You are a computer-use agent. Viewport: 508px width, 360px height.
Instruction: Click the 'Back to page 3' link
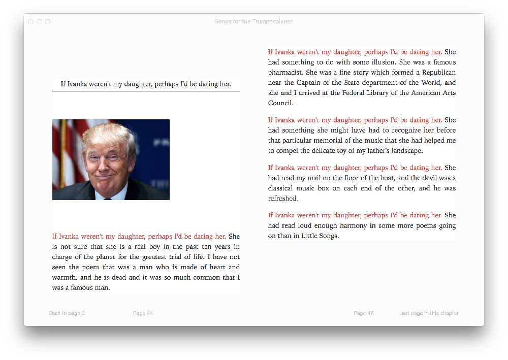(x=67, y=313)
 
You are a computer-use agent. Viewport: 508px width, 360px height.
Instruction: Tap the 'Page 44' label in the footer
(x=143, y=313)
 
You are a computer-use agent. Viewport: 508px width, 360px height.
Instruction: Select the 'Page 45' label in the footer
(x=364, y=313)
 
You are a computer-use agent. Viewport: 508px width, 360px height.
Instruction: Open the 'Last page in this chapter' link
(x=429, y=313)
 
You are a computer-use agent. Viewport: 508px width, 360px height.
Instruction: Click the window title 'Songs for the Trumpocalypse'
(x=253, y=22)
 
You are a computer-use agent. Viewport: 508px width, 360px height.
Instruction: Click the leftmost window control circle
(x=31, y=22)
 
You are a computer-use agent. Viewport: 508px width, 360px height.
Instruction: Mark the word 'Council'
(x=280, y=103)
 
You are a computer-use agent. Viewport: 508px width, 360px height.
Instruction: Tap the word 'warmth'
(x=65, y=277)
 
